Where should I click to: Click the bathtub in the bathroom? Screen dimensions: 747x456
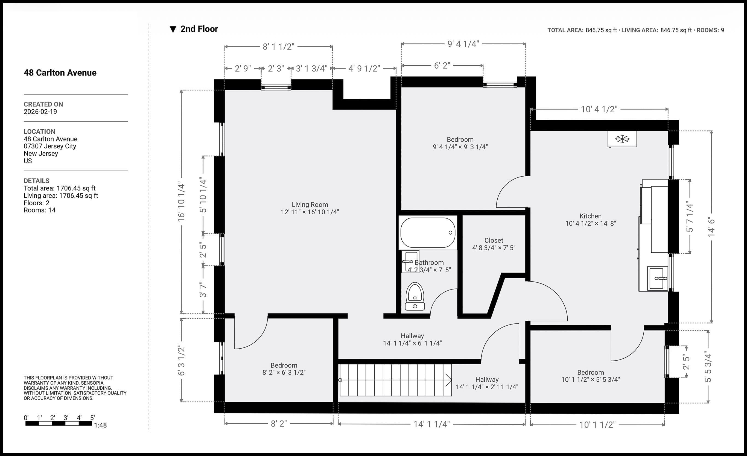click(428, 233)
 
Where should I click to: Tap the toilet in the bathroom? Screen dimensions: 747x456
click(415, 296)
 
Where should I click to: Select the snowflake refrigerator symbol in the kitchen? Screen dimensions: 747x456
click(622, 139)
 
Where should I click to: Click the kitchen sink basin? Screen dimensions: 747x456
click(658, 278)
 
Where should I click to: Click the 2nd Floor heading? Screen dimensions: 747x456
click(199, 29)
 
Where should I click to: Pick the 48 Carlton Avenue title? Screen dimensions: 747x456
click(60, 72)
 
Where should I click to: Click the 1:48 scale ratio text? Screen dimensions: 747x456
click(100, 425)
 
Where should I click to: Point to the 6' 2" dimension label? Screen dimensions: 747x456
click(442, 66)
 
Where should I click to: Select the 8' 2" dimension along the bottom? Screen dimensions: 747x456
click(279, 423)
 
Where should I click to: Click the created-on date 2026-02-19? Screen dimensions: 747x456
click(40, 112)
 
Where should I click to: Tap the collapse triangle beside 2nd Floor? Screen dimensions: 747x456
click(173, 30)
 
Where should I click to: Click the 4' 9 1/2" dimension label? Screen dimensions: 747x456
click(364, 69)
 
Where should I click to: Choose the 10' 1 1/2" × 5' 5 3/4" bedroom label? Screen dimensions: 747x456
click(591, 376)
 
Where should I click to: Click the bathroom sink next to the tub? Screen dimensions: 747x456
click(410, 262)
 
